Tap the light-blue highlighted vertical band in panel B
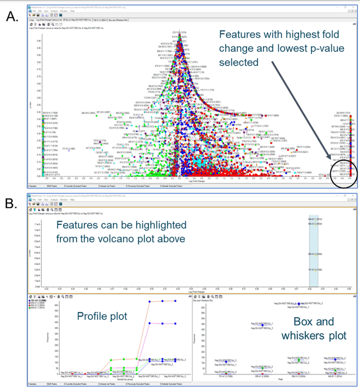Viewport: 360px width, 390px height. (313, 249)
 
